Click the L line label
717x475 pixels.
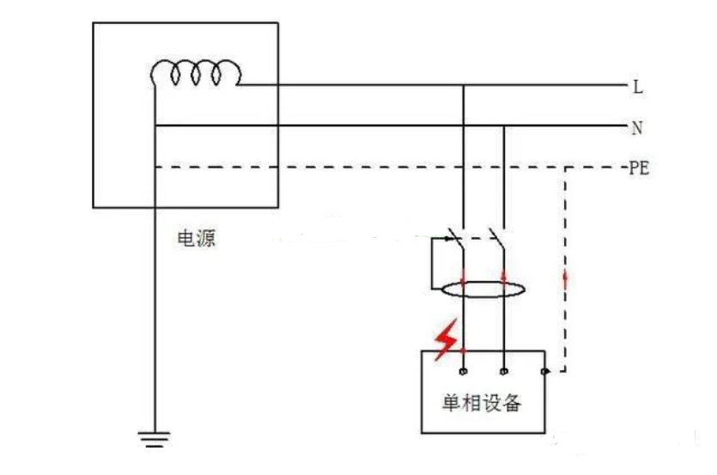coord(637,87)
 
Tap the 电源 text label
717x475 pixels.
coord(196,240)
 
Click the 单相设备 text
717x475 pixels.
coord(482,403)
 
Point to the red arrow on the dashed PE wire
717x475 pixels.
coord(565,278)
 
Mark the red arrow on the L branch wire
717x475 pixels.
coord(464,278)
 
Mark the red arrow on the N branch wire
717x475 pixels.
coord(503,278)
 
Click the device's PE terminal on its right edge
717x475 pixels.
coord(545,372)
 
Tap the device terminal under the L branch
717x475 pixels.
coord(464,372)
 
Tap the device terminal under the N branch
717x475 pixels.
coord(503,372)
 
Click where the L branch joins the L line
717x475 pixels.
coord(464,86)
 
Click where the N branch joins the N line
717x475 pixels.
coord(503,127)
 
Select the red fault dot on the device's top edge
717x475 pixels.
coord(464,350)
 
